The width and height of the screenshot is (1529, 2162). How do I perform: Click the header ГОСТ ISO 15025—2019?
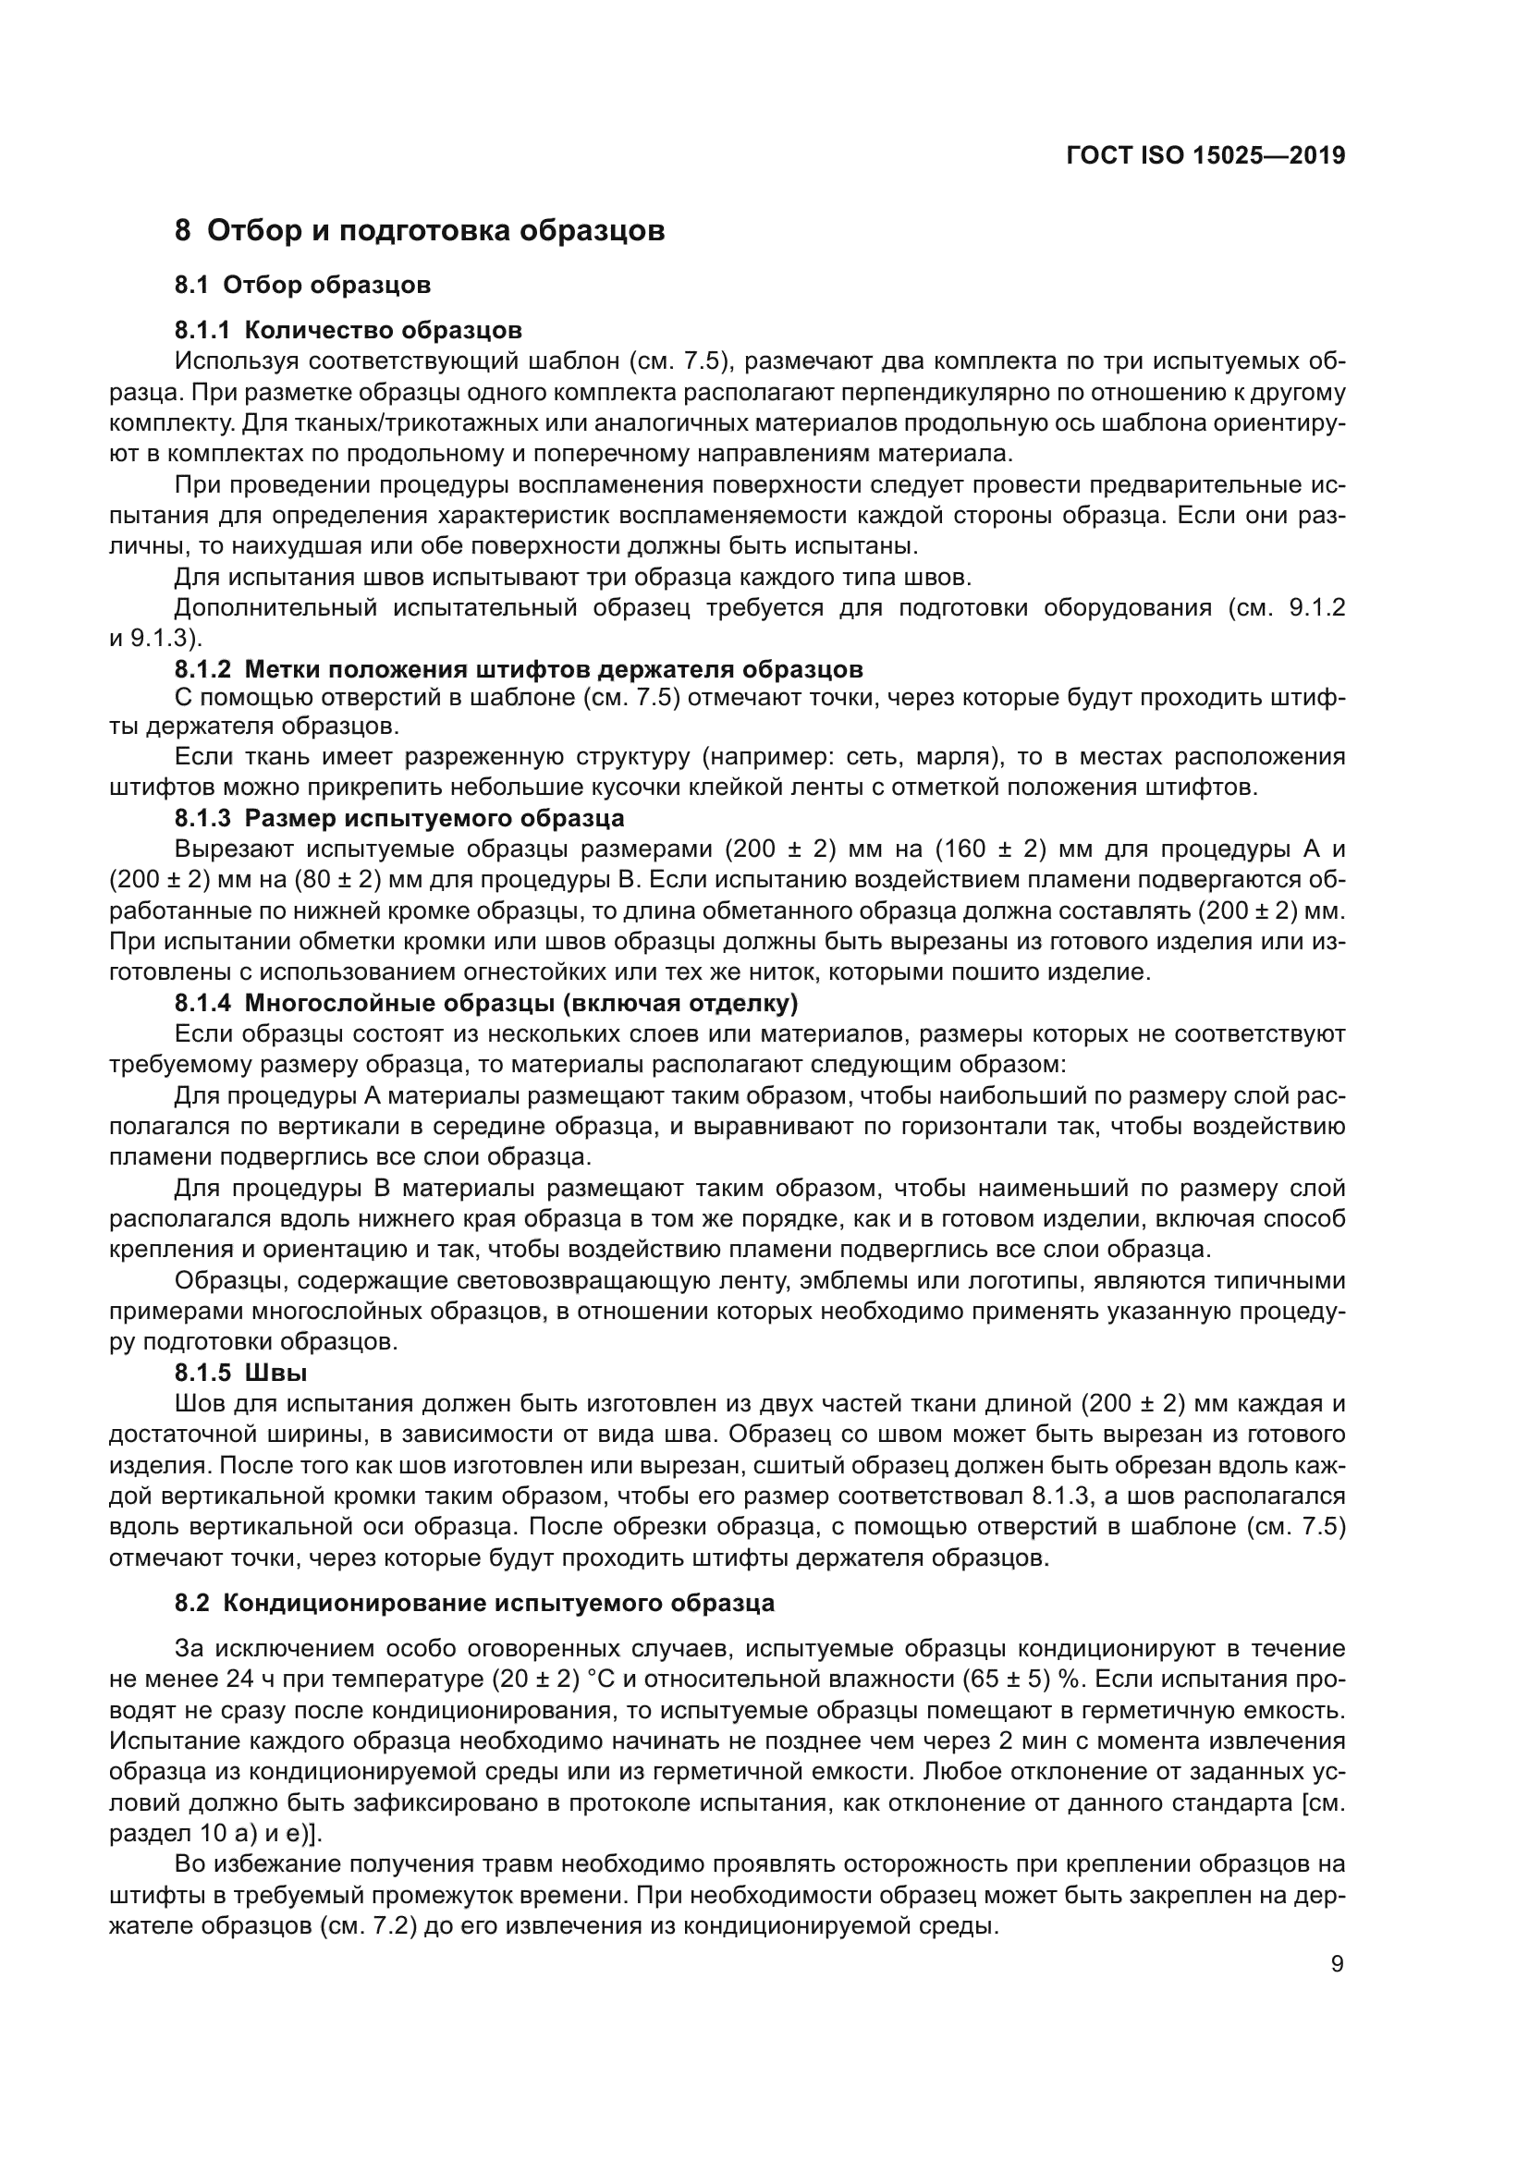pos(1205,156)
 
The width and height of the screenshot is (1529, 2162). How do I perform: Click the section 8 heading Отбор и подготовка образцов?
pos(420,230)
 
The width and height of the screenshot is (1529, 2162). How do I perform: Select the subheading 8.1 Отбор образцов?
pos(302,285)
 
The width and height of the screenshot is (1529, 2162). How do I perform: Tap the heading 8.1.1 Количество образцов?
pos(349,331)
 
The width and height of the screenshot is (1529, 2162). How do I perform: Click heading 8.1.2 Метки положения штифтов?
pos(519,669)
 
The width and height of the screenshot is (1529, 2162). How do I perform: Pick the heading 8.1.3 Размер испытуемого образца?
pos(399,817)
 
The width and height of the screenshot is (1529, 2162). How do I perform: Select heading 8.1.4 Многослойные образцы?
pos(486,1004)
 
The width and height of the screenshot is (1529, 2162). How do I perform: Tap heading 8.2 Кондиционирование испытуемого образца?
pos(474,1603)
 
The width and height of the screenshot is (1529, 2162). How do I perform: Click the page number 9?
pos(1337,1964)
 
